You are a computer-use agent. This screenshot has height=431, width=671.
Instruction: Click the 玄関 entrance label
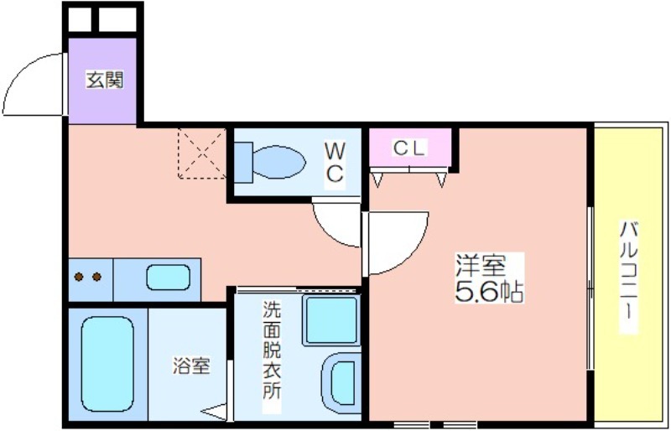coord(105,80)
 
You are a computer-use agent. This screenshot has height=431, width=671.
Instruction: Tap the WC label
coord(335,163)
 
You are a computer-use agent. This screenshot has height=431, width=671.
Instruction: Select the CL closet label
coord(408,148)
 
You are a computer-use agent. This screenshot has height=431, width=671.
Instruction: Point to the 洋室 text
coord(481,266)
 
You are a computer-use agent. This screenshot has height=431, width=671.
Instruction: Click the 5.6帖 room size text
coord(489,292)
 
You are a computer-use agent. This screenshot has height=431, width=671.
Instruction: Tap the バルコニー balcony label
coord(628,276)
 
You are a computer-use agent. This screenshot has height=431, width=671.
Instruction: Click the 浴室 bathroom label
coord(191,366)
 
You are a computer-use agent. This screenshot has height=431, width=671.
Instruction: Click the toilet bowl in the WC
coord(278,162)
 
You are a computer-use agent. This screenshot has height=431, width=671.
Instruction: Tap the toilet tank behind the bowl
coord(243,162)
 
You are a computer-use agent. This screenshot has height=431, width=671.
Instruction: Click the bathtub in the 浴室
coord(107,364)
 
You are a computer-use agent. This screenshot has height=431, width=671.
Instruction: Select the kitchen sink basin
coord(169,278)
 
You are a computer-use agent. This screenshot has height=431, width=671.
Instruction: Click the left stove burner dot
coord(79,277)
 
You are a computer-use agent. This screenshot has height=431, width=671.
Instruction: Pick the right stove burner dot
coord(96,277)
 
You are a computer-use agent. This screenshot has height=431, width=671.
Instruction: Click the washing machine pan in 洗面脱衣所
coord(331,320)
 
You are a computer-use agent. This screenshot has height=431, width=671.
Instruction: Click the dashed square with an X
coord(201,153)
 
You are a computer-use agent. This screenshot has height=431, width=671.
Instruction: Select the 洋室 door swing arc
coord(414,252)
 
